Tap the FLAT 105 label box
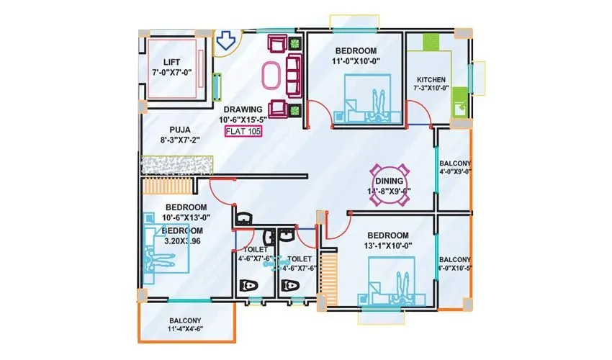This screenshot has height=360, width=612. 243,131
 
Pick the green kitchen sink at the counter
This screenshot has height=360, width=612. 458,109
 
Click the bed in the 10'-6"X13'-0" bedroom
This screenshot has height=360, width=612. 166,249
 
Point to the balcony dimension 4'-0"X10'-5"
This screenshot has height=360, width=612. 454,264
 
